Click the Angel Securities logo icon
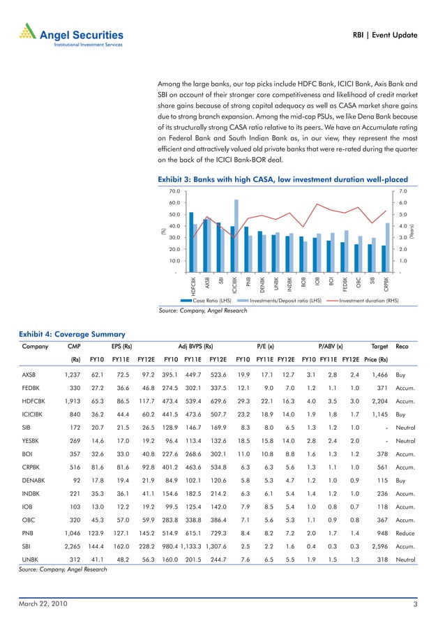coord(24,32)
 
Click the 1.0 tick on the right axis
coord(402,260)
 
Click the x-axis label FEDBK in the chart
coord(345,285)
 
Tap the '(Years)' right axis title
coord(412,231)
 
